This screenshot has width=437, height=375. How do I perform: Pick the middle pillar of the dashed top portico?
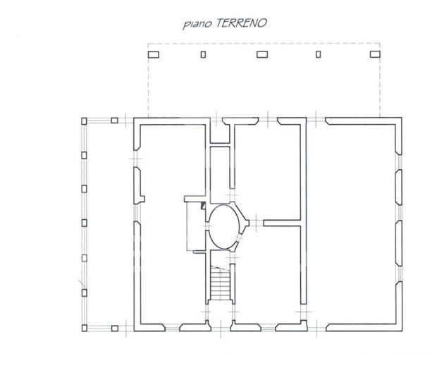(x=262, y=54)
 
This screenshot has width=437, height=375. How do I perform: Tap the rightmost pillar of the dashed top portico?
(x=374, y=54)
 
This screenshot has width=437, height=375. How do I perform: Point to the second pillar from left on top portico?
(x=203, y=54)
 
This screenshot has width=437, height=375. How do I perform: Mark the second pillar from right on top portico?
(x=319, y=54)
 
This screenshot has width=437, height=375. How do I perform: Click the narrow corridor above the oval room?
(x=220, y=169)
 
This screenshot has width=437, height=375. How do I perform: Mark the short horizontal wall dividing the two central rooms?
(x=283, y=223)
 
